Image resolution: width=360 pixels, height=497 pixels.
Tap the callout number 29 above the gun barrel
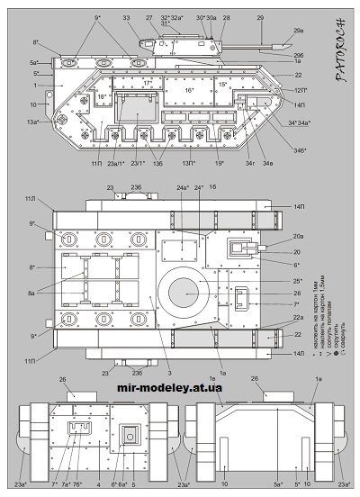(x=261, y=17)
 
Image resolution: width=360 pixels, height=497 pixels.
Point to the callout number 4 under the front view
(x=98, y=485)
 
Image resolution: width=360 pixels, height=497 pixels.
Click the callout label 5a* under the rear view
(x=278, y=485)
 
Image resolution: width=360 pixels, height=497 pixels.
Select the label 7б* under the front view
(x=79, y=485)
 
